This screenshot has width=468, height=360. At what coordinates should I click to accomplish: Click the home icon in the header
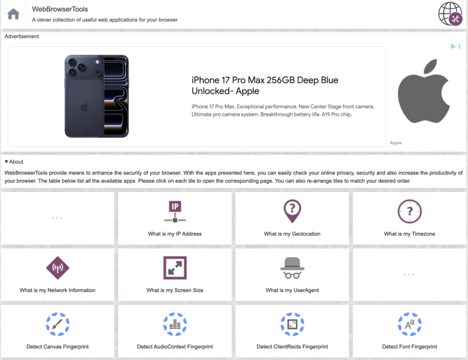(13, 14)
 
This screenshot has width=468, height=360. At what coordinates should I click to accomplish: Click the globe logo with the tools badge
(450, 14)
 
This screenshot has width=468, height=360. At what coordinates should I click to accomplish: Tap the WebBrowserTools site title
(60, 9)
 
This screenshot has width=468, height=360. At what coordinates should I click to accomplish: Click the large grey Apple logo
(424, 91)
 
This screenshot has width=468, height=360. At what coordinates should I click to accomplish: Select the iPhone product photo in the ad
(97, 96)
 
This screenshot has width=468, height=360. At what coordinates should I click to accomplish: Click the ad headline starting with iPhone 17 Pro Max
(265, 85)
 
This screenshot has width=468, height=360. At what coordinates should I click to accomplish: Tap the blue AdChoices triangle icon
(453, 46)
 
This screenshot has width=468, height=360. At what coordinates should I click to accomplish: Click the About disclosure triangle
(6, 162)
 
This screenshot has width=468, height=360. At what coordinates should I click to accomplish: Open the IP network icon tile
(175, 212)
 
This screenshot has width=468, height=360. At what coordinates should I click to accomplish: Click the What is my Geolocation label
(292, 234)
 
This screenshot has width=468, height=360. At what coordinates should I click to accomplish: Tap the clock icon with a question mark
(409, 212)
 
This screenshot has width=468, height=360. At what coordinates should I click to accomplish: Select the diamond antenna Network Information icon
(58, 268)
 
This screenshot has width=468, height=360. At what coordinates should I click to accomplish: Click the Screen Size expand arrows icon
(175, 268)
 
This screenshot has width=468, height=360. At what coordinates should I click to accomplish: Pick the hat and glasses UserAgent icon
(292, 268)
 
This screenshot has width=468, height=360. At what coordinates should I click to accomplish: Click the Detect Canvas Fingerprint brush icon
(58, 324)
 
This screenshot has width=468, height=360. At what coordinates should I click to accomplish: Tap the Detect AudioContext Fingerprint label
(175, 347)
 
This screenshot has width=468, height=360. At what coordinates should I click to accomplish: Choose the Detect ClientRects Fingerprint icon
(292, 324)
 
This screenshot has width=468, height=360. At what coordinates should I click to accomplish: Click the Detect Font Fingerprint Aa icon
(409, 324)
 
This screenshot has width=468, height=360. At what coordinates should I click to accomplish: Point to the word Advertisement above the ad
(22, 37)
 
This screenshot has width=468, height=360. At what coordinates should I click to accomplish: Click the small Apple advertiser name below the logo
(396, 143)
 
